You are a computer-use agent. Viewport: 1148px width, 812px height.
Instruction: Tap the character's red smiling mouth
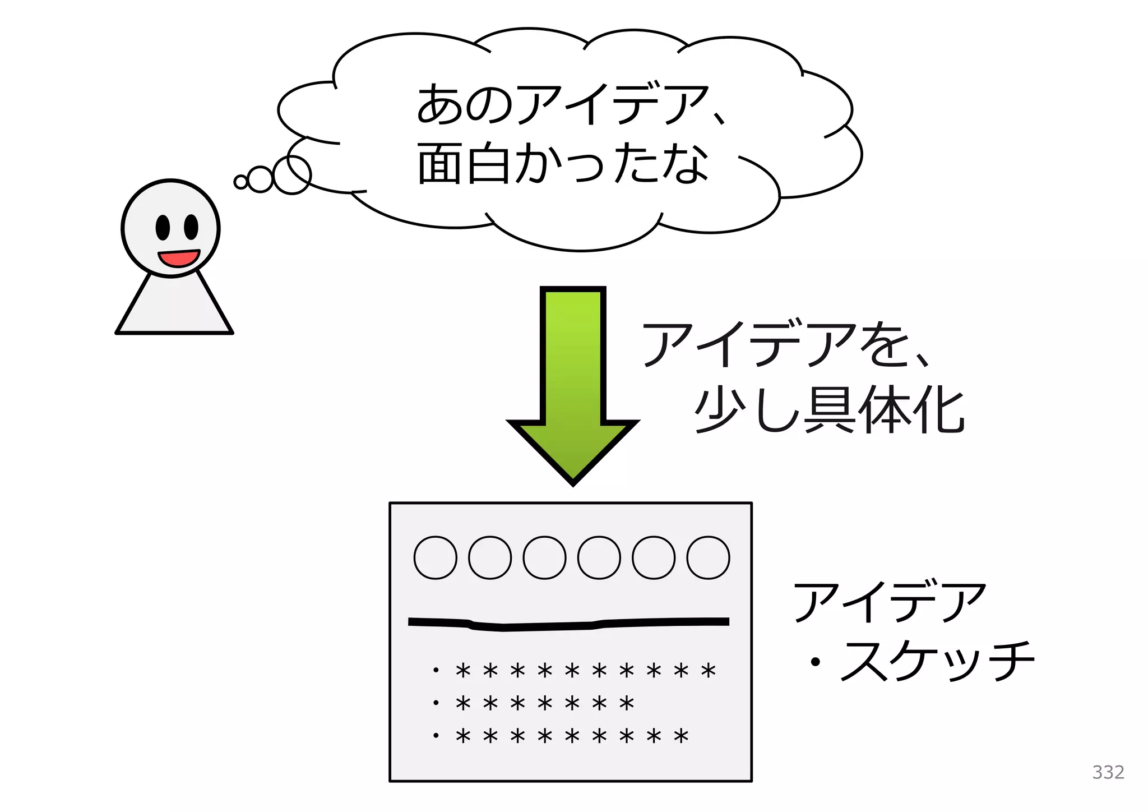click(179, 258)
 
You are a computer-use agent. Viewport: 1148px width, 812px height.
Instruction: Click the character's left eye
click(163, 227)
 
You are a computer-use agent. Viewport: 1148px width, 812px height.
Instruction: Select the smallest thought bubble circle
click(241, 182)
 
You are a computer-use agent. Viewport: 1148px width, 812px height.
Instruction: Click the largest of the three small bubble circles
click(292, 175)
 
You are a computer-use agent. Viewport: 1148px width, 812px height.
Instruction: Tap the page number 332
click(1108, 772)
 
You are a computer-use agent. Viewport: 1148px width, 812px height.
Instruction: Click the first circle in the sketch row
click(435, 557)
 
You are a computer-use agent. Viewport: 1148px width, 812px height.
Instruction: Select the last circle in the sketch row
click(708, 557)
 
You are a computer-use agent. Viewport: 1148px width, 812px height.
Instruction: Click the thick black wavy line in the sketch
click(568, 624)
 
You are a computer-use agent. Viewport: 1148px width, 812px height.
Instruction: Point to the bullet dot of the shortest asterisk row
click(436, 702)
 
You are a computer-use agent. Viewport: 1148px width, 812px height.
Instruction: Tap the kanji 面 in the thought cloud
click(440, 164)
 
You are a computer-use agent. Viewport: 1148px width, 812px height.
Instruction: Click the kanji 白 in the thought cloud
click(488, 164)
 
